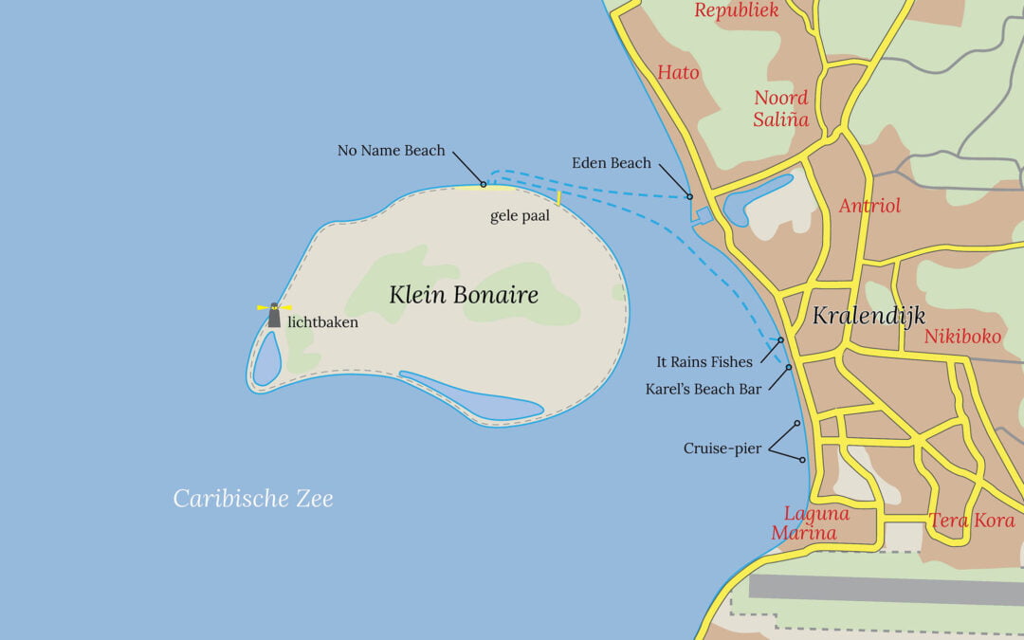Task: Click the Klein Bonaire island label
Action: click(x=464, y=295)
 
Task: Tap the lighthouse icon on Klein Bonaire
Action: click(x=274, y=315)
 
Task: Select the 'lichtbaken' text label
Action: click(x=322, y=321)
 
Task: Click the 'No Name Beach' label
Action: click(x=391, y=150)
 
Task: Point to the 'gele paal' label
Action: click(x=520, y=216)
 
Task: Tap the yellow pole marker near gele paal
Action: click(x=559, y=198)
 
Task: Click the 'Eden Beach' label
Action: click(x=611, y=163)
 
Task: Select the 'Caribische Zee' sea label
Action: click(x=253, y=498)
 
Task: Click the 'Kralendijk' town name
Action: click(x=868, y=316)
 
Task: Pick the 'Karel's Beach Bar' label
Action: click(x=704, y=389)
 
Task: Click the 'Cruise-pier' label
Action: click(x=722, y=448)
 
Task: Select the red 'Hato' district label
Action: click(x=678, y=72)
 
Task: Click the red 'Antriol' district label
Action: click(x=869, y=206)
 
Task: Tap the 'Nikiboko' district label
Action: click(x=961, y=336)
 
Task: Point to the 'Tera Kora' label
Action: click(x=971, y=521)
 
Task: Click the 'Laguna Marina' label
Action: click(x=804, y=523)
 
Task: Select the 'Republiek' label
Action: click(x=736, y=10)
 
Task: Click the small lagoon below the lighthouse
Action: click(x=266, y=357)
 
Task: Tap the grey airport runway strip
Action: click(x=886, y=587)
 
